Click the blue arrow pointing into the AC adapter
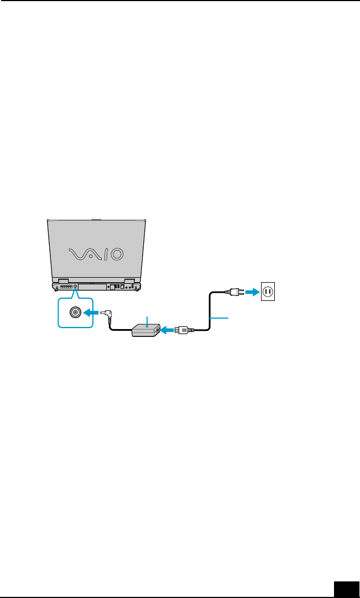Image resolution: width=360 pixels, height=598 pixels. (166, 331)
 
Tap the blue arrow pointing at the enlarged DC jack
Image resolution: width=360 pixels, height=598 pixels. (91, 313)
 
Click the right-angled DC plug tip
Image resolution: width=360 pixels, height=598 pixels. (108, 314)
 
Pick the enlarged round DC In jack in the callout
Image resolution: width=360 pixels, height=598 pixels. (74, 313)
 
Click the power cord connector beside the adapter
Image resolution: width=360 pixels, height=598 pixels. (183, 331)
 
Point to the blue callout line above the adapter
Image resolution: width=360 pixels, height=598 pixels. (147, 320)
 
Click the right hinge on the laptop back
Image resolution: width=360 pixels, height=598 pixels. (129, 281)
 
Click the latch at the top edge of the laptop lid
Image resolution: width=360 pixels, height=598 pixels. (96, 219)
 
